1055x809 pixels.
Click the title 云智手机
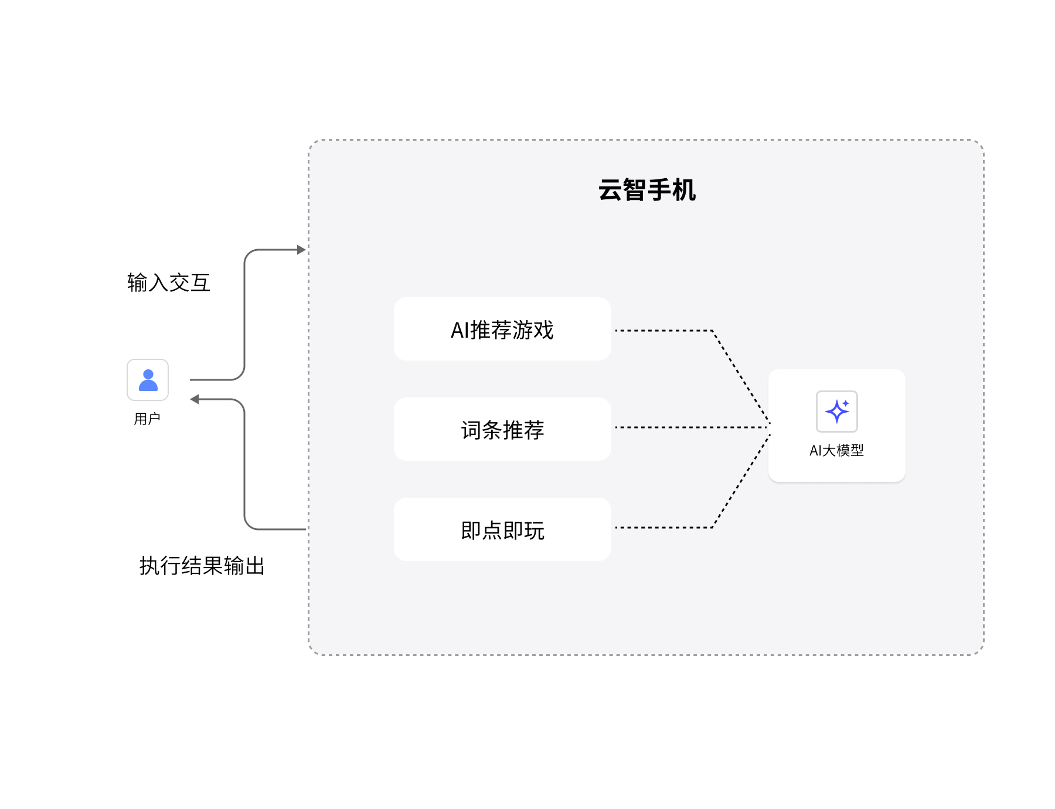[x=646, y=191]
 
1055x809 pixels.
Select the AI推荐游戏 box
[x=502, y=329]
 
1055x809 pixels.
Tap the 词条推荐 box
[x=502, y=429]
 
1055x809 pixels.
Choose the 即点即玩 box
[x=502, y=529]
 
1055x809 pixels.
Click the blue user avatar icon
[x=148, y=380]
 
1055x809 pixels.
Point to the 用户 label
[x=147, y=419]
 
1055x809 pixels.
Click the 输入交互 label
[x=169, y=283]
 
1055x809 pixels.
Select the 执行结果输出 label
[x=202, y=566]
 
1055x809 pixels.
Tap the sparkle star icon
[x=836, y=411]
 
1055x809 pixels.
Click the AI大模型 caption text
[x=836, y=450]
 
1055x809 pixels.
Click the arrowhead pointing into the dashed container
[x=301, y=250]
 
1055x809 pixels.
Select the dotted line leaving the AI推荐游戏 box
[x=662, y=331]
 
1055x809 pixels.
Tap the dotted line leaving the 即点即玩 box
[x=662, y=528]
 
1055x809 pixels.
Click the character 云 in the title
[x=610, y=191]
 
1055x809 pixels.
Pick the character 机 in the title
[x=684, y=191]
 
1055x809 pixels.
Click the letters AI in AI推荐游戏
[x=460, y=330]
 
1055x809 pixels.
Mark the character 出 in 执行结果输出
[x=255, y=566]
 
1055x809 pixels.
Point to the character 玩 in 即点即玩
[x=535, y=531]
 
